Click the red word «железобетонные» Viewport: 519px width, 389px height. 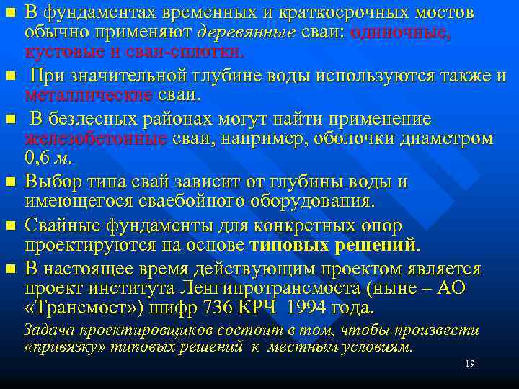[96, 139]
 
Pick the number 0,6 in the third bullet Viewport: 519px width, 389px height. [38, 158]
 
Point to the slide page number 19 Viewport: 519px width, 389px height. [469, 365]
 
